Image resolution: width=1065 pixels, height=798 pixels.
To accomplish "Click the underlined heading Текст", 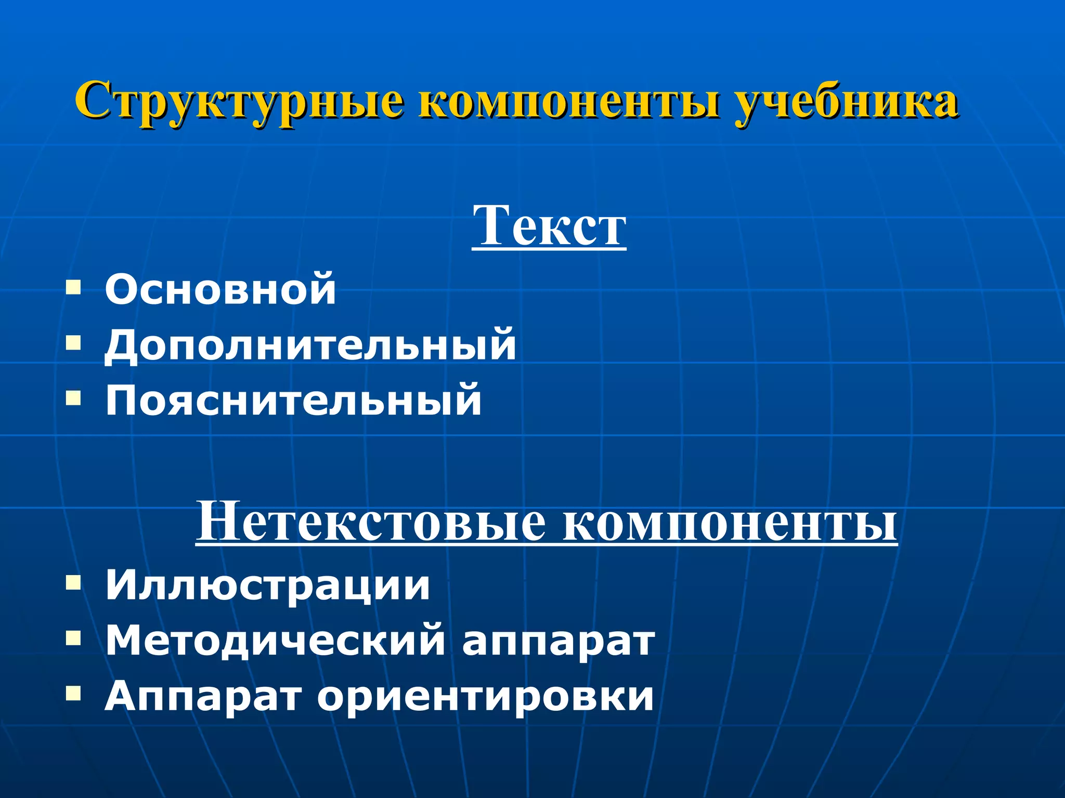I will (549, 225).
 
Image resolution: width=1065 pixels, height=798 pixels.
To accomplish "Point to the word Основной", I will (220, 289).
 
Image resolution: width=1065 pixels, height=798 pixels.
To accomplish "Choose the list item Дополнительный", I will (310, 344).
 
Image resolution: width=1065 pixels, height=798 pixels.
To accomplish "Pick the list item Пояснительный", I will (293, 400).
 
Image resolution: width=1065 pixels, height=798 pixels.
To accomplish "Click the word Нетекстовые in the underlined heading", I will (371, 521).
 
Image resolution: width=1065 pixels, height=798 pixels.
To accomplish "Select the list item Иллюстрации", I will (268, 586).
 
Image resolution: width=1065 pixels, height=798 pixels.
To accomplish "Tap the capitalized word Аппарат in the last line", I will (203, 696).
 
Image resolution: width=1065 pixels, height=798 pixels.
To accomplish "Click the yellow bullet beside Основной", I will (73, 287).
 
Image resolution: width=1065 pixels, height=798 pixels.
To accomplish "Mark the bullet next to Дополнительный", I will (73, 342).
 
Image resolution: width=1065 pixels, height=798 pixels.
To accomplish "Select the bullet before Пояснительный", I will (73, 398).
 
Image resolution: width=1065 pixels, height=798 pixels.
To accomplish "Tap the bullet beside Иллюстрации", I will (73, 582).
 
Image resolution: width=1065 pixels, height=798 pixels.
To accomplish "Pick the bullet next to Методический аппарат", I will (73, 637).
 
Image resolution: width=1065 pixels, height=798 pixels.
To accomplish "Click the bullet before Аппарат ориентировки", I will (73, 693).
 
